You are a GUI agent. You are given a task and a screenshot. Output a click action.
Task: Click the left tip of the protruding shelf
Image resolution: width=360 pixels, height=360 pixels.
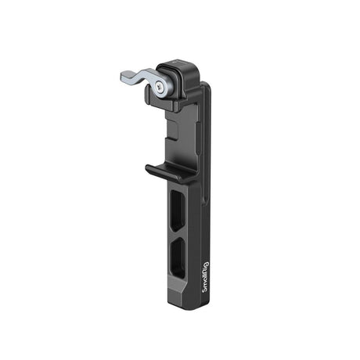[148, 167]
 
